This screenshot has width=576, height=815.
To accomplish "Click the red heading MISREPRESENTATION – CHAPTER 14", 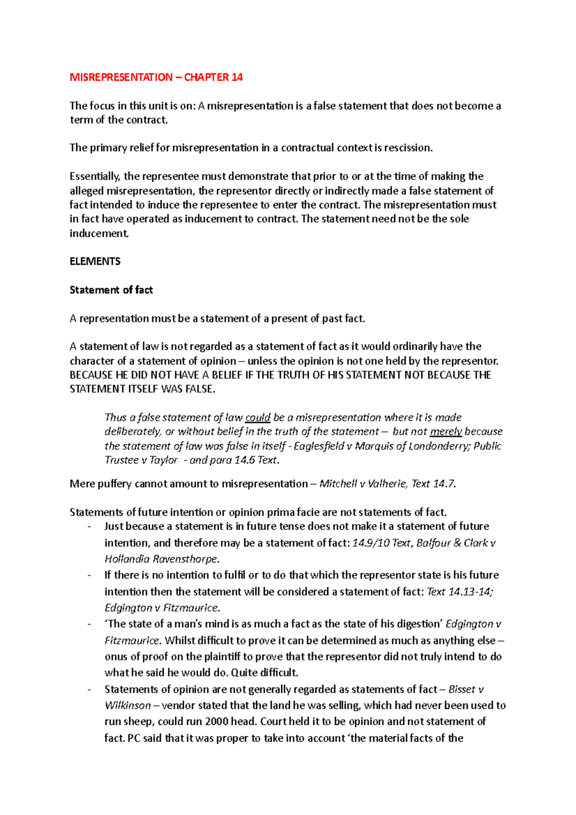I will pos(156,77).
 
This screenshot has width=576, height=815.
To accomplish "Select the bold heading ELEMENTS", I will pos(95,262).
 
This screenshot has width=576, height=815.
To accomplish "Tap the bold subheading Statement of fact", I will pos(111,290).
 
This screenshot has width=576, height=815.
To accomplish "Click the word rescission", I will pos(408,148).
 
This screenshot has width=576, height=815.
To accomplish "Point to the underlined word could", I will pos(258,418).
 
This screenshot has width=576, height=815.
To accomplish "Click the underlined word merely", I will pos(446,431).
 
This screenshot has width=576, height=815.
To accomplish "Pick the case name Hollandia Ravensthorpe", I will pos(162,559).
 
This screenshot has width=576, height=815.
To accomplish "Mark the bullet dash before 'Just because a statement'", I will pos(89,527).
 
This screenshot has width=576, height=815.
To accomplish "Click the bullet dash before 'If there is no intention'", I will pos(89,575).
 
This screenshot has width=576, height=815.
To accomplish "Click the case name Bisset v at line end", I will pos(465,690).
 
